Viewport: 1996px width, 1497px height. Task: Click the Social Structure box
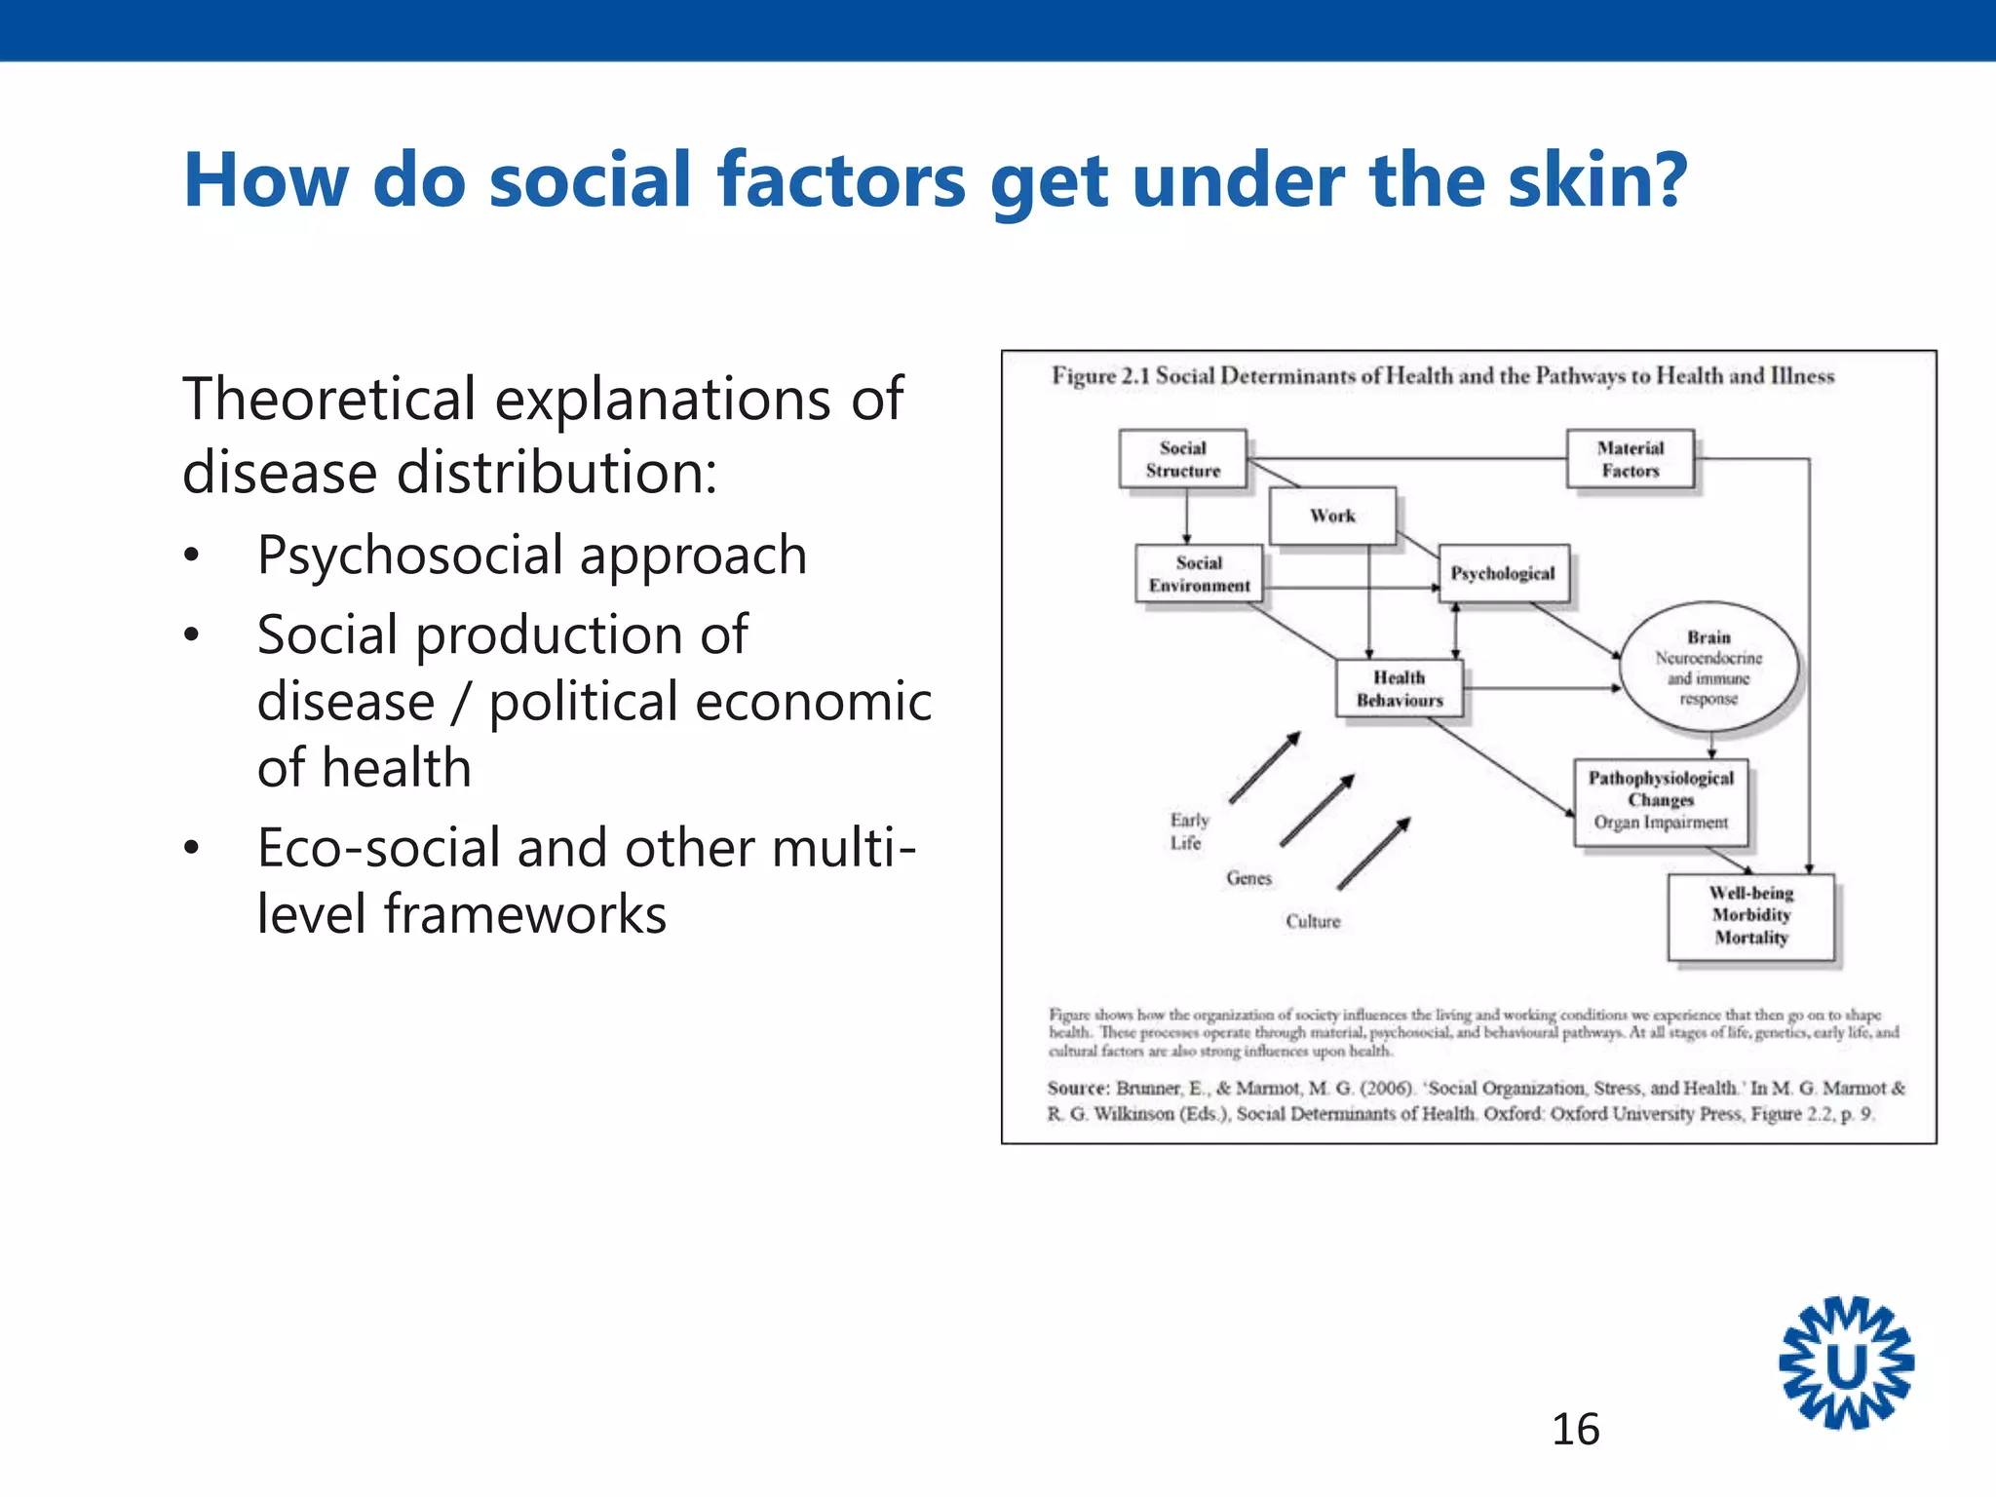[x=1182, y=459]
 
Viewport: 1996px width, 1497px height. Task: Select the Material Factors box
[x=1630, y=459]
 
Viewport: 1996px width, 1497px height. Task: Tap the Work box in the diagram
[x=1332, y=516]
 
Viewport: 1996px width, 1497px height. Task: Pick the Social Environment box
[x=1199, y=574]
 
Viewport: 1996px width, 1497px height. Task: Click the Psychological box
[x=1503, y=573]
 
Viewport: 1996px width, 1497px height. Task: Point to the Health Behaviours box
[x=1400, y=689]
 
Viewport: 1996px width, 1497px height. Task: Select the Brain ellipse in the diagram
[x=1708, y=668]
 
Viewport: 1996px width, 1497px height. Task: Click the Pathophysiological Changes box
[x=1661, y=801]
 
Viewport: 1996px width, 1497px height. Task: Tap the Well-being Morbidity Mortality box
[x=1750, y=916]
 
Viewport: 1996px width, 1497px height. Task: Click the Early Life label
[x=1189, y=831]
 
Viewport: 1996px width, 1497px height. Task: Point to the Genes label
[x=1248, y=878]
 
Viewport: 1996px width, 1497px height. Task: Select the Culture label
[x=1313, y=921]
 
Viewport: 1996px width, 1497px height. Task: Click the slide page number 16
[x=1575, y=1430]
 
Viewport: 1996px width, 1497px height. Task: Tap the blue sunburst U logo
[x=1846, y=1364]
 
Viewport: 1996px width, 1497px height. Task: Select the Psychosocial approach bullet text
[x=532, y=556]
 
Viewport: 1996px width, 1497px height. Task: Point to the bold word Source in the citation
[x=1078, y=1088]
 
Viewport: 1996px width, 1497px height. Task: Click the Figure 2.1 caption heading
[x=1442, y=376]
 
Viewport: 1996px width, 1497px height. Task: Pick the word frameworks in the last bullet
[x=525, y=914]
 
